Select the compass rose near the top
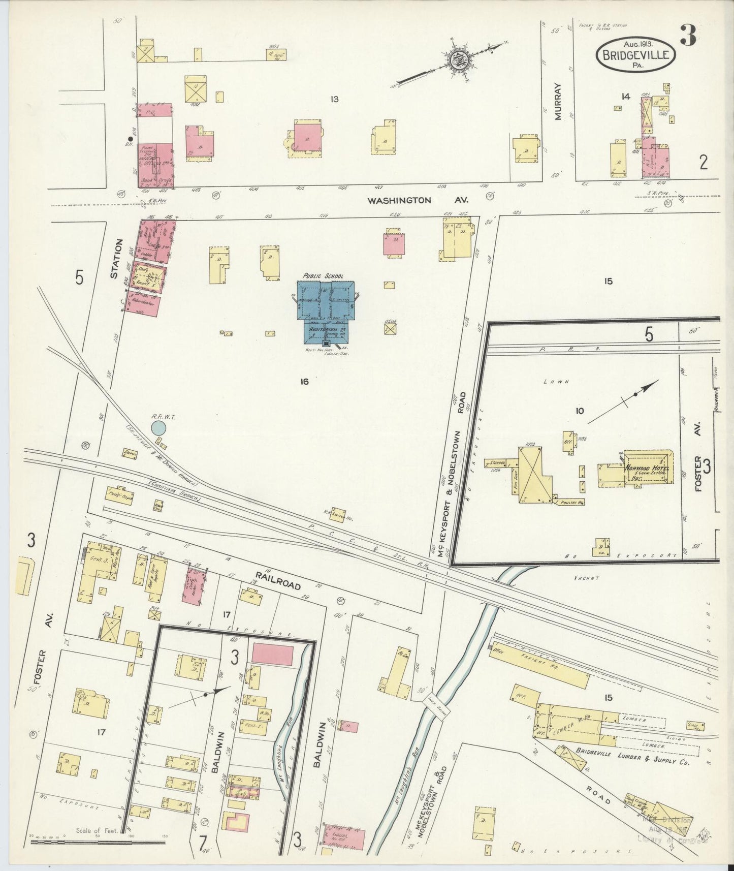(461, 60)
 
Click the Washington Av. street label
(399, 200)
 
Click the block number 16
(304, 381)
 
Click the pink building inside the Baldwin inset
(273, 654)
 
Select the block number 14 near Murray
(625, 96)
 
